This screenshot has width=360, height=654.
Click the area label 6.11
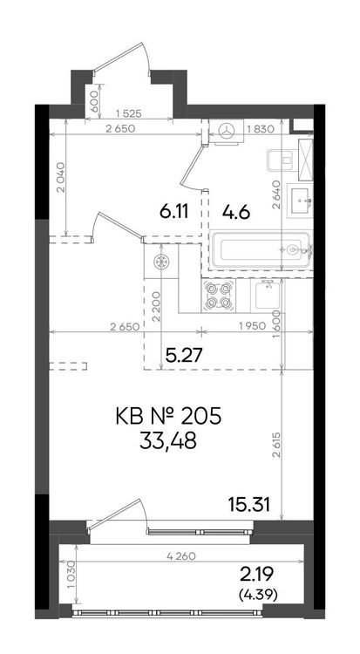173,212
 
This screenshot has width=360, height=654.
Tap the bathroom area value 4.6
235,212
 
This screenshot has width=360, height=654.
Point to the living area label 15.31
249,505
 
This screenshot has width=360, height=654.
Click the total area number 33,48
168,442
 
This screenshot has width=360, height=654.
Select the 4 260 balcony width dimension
181,556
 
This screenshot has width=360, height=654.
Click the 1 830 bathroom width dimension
261,129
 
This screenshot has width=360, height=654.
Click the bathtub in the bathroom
260,250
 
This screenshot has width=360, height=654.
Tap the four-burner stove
218,296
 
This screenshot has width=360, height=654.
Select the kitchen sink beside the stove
268,296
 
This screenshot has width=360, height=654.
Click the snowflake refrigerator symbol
160,262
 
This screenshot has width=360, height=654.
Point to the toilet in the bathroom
282,160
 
